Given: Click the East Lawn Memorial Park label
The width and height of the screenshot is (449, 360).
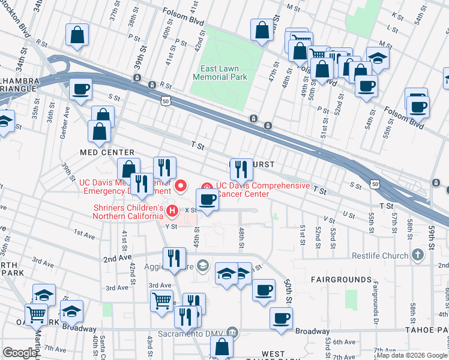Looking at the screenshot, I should pyautogui.click(x=220, y=73).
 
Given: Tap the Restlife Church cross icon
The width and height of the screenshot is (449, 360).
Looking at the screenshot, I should pyautogui.click(x=418, y=255).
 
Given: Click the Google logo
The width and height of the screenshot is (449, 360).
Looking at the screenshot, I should pyautogui.click(x=20, y=353).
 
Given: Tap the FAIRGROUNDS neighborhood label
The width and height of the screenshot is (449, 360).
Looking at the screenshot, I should pyautogui.click(x=341, y=280).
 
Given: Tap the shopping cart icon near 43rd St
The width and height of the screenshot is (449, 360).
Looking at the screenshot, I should pyautogui.click(x=162, y=300).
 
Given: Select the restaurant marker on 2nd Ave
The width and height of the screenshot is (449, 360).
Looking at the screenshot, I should pyautogui.click(x=173, y=258).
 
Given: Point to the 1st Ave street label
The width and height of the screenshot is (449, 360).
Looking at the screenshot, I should pyautogui.click(x=84, y=232).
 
